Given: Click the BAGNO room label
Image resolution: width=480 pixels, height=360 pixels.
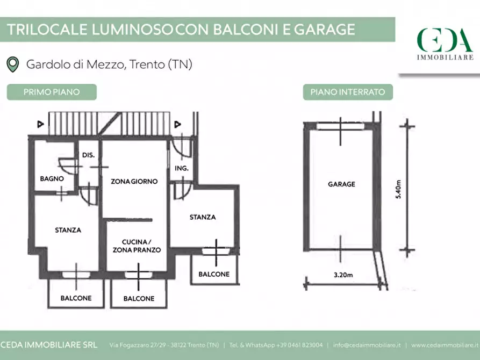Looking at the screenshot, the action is click(52, 178).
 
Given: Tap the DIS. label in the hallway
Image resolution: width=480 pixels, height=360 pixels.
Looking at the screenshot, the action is click(88, 155).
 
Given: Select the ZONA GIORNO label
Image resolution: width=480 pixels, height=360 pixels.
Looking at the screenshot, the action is click(134, 181).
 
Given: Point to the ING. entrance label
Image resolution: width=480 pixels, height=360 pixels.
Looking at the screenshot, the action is click(182, 168).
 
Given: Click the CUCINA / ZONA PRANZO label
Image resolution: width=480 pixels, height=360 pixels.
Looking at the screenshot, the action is click(137, 246).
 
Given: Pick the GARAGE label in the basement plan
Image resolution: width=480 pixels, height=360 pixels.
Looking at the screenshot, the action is click(342, 184).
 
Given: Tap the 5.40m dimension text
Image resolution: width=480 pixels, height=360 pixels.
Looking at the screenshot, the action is click(398, 190).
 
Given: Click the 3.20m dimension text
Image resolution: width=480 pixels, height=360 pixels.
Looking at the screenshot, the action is click(343, 275).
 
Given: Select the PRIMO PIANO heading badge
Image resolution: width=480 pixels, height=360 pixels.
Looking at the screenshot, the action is click(52, 92).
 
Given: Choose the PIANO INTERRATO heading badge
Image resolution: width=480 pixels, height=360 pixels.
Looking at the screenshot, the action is click(348, 92).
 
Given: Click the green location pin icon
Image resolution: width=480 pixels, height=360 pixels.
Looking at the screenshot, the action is click(12, 64).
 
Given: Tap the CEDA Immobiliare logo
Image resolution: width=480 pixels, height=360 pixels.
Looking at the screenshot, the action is click(445, 44).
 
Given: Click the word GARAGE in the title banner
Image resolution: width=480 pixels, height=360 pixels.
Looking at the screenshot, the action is click(325, 30).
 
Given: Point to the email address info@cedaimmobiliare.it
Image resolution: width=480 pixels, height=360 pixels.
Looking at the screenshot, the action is click(367, 345).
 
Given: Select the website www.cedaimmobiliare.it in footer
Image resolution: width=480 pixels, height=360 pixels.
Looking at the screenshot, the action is click(445, 345).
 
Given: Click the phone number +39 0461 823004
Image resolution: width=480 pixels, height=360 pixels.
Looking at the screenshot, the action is click(299, 345).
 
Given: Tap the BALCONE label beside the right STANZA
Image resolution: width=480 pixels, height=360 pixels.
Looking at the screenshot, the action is click(214, 274).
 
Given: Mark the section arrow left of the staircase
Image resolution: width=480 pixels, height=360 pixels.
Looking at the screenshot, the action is click(40, 124).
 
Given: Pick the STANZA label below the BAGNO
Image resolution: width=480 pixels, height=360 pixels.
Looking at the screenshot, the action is click(68, 230).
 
